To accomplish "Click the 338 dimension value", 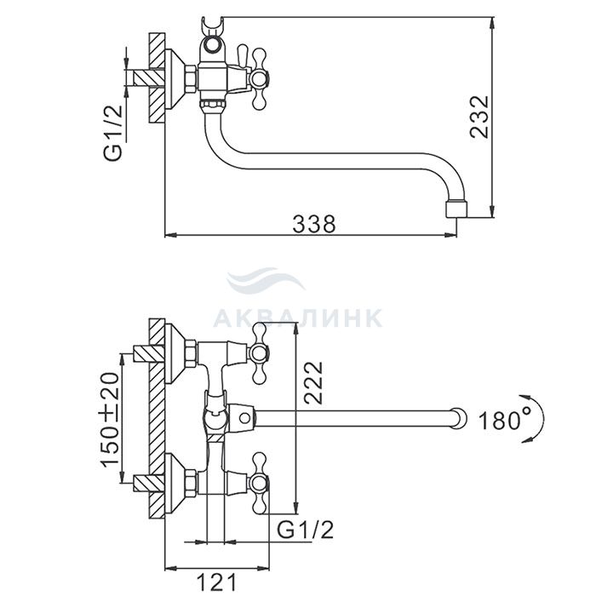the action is (314, 224).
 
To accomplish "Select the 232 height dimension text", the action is (479, 117).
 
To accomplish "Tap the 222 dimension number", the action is (313, 382).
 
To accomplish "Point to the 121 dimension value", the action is (216, 582).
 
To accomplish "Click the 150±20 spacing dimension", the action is (110, 419).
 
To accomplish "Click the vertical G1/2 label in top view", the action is (113, 132).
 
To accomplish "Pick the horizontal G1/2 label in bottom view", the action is (305, 530).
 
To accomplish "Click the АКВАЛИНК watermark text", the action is (298, 318).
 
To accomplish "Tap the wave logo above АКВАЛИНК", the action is (266, 281).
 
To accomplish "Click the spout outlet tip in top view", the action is (456, 209).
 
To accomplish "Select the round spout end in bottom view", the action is (459, 419).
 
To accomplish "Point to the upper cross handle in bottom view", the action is (258, 353).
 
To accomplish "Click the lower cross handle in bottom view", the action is (258, 483).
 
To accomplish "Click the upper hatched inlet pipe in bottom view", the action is (149, 353).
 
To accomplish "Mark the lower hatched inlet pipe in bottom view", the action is (149, 483).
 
